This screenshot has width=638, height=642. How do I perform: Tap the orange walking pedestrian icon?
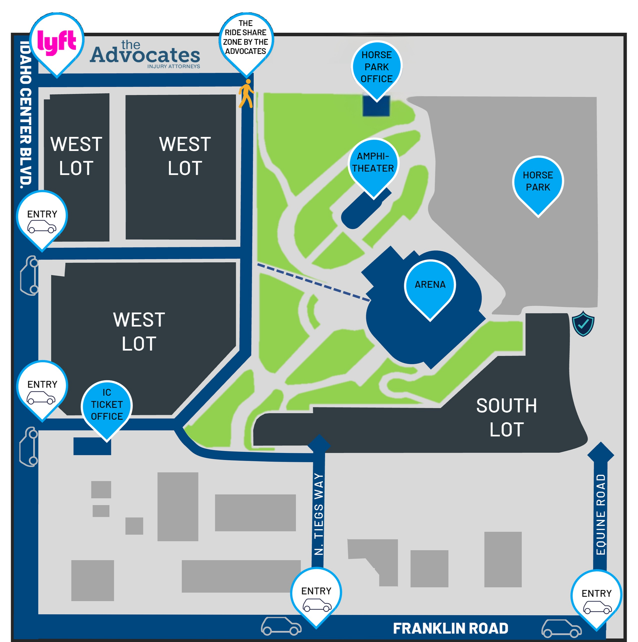tap(246, 94)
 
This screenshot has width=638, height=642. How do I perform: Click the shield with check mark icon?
tap(583, 324)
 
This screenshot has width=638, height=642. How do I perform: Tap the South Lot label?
tap(507, 417)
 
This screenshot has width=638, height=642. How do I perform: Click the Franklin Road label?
tap(450, 628)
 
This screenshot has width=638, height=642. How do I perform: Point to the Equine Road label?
tap(601, 514)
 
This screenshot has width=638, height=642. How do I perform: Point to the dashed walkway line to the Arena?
tap(314, 282)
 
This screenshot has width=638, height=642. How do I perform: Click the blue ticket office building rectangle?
tap(92, 446)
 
